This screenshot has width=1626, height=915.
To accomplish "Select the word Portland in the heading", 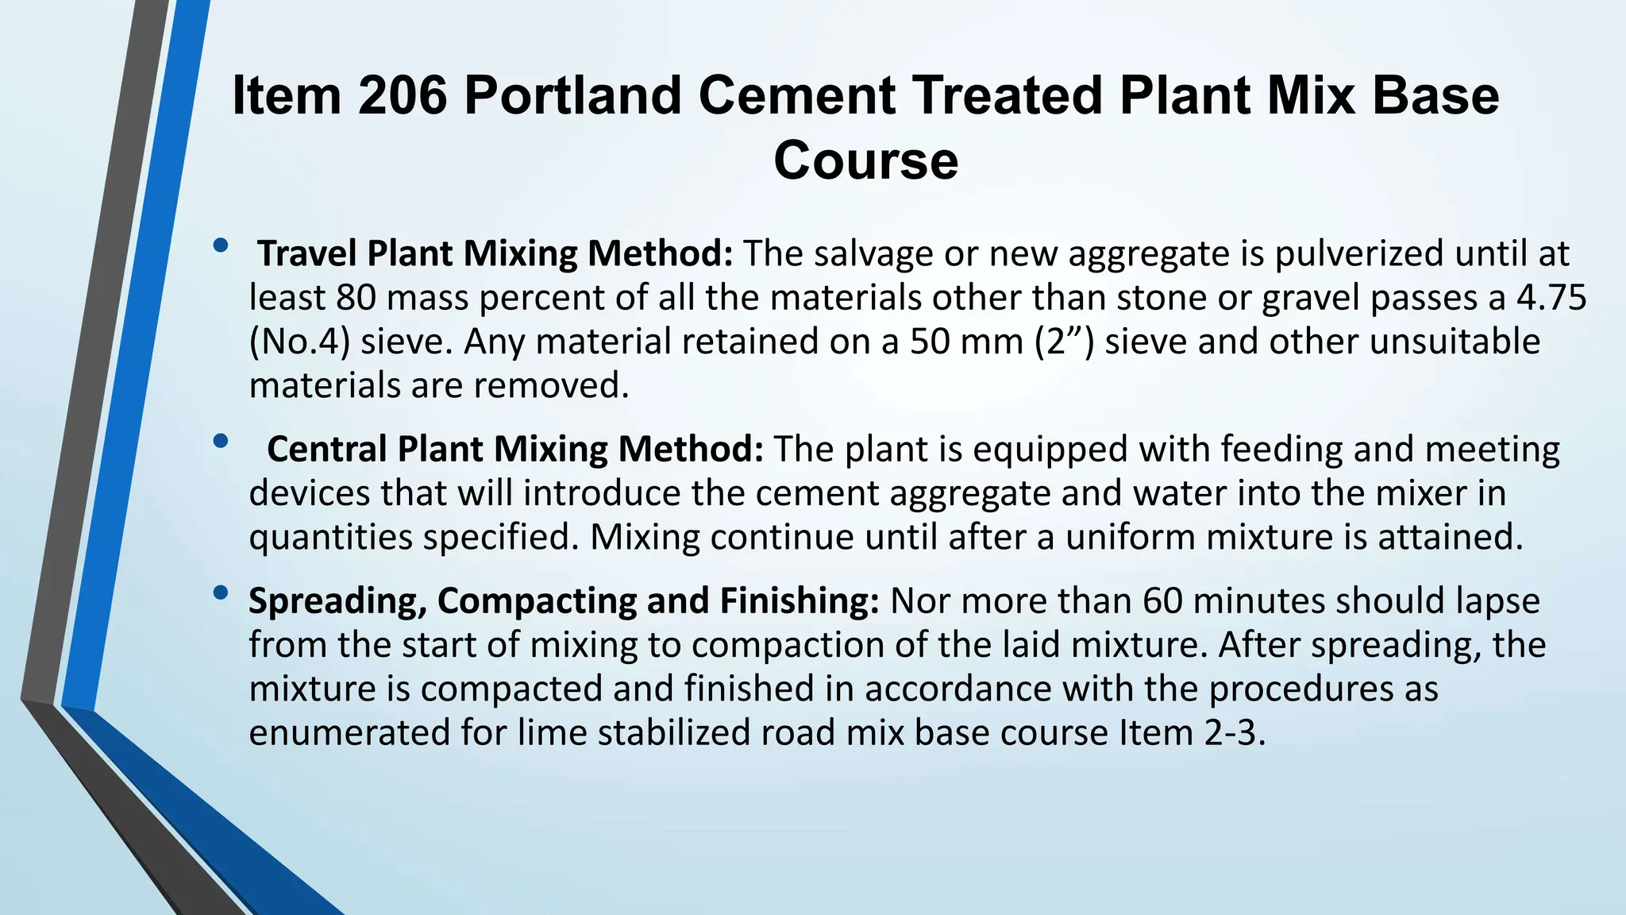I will click(572, 95).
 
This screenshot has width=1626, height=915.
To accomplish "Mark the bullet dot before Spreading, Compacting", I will click(221, 592).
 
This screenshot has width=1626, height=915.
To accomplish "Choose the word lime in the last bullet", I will click(552, 732).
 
